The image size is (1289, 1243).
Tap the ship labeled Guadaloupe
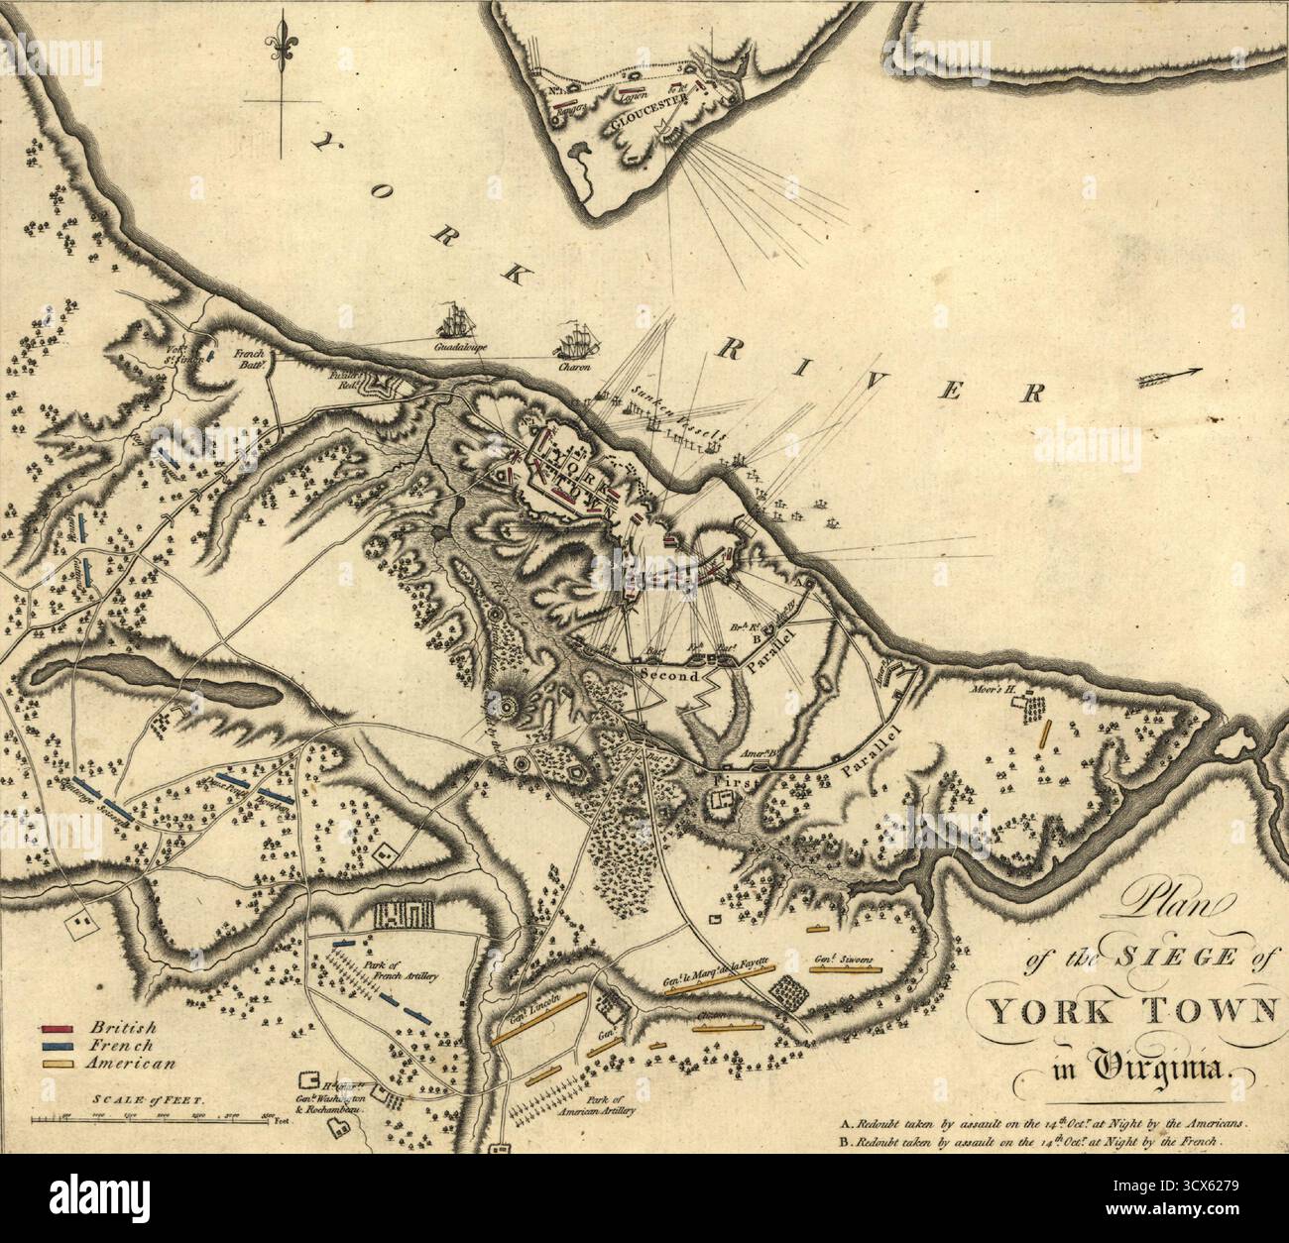tap(457, 322)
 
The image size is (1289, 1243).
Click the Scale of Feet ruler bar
tap(149, 1119)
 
